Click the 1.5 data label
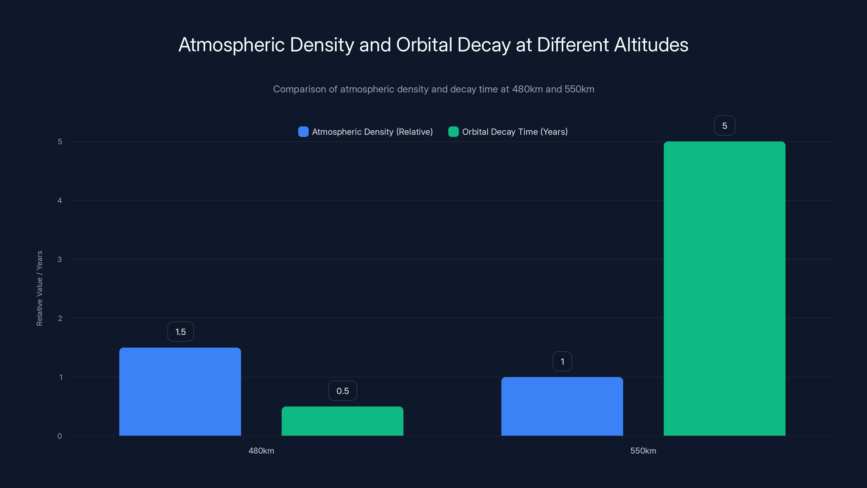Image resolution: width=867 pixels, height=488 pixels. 181,332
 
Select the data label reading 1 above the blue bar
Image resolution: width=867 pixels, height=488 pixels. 562,361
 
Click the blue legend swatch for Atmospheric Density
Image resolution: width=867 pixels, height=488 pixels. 303,132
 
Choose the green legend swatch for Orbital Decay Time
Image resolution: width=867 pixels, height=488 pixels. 453,132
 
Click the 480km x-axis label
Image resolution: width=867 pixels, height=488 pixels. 261,451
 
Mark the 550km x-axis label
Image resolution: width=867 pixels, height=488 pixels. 643,451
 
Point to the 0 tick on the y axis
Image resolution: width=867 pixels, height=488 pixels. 60,436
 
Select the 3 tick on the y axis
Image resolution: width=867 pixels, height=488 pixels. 60,259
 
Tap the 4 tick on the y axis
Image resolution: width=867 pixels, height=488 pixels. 60,200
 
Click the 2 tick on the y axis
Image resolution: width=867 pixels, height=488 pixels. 60,318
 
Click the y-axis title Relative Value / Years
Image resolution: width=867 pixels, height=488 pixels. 39,288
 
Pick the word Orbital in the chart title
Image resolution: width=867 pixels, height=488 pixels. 424,45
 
